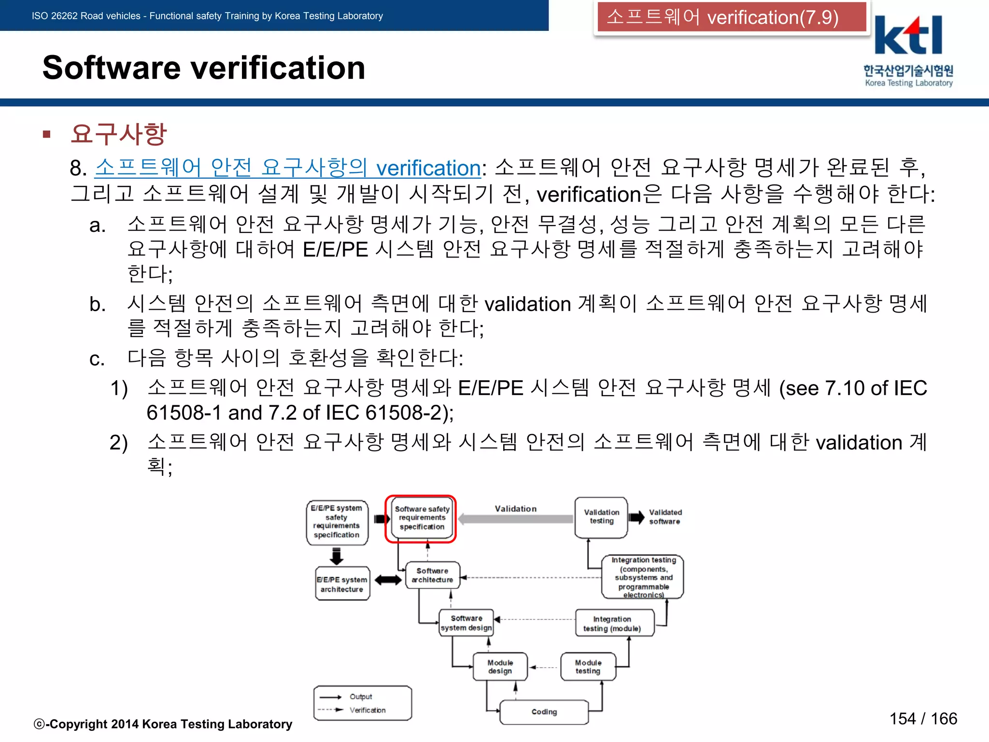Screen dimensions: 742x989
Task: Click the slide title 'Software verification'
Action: (x=204, y=68)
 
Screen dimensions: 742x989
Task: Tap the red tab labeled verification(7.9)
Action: (x=731, y=17)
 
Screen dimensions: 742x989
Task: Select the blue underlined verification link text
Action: (x=288, y=168)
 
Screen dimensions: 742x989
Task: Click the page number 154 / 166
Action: (x=923, y=719)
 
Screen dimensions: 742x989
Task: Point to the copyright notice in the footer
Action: (x=163, y=724)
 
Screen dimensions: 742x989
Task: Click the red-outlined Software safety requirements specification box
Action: (x=421, y=518)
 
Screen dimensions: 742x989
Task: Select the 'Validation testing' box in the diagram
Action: (x=601, y=517)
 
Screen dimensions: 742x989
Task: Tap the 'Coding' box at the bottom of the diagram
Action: (x=544, y=712)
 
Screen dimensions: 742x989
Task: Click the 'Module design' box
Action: (x=500, y=667)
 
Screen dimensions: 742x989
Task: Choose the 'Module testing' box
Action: (x=588, y=667)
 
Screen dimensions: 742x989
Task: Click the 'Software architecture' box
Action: (x=432, y=575)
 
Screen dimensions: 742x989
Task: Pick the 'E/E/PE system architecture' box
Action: (x=342, y=584)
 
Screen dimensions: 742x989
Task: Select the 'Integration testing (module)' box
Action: (x=612, y=624)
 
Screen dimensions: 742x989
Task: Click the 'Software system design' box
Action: (x=466, y=623)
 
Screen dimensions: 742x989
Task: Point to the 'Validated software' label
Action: (x=665, y=517)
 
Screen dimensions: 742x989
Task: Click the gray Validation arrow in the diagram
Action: (x=516, y=519)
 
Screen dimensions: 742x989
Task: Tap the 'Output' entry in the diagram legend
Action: (x=360, y=697)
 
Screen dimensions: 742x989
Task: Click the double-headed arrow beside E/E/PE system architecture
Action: (x=388, y=580)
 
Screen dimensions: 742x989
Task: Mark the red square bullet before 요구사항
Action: (x=47, y=134)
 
